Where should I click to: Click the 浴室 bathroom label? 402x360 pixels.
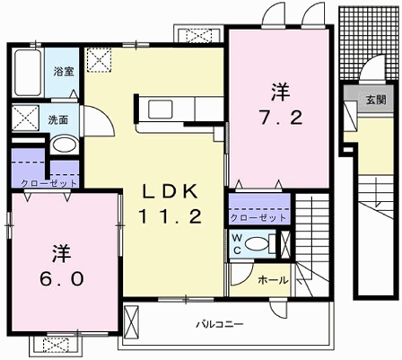point(63,71)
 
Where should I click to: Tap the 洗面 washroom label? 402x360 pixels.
point(59,119)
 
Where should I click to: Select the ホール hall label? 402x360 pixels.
point(271,281)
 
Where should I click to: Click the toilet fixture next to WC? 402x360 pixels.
point(261,242)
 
